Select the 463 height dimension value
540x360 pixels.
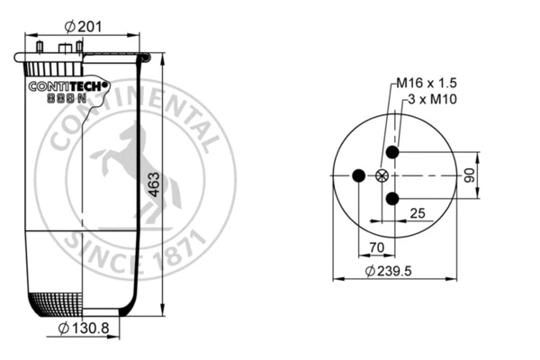[154, 184]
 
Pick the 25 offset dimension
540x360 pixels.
[417, 212]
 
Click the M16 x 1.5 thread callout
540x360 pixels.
[428, 84]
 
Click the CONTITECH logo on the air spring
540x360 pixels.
[68, 87]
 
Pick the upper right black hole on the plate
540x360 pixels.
[392, 152]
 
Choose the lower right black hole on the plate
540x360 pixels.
[392, 199]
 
